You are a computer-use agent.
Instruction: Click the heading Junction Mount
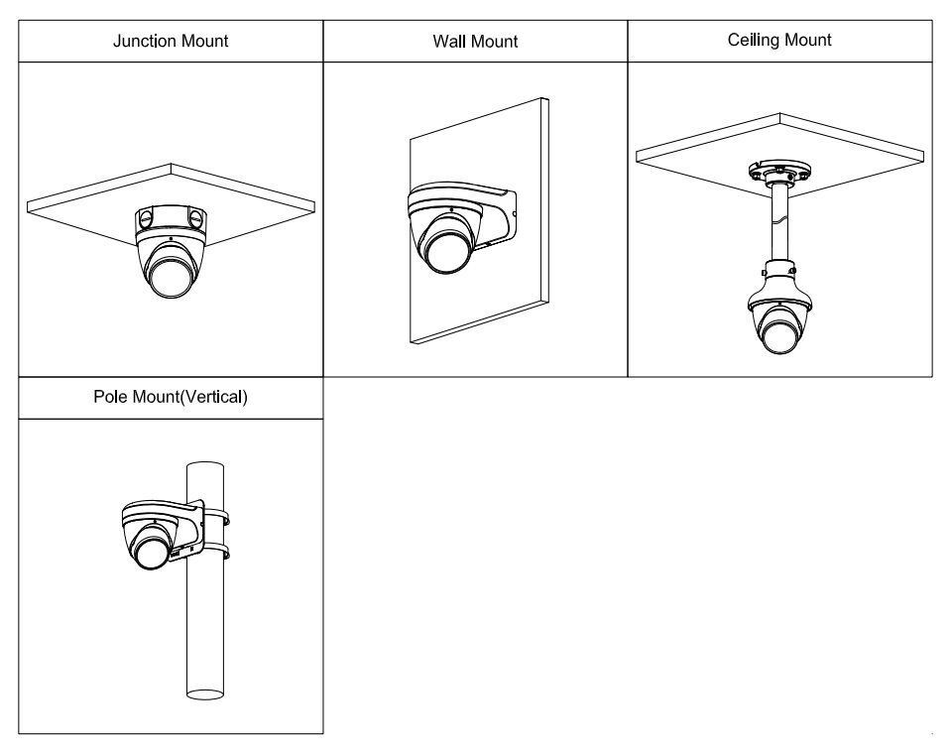(171, 41)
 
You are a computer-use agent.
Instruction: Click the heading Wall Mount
(475, 42)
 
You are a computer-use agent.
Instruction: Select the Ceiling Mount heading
(779, 40)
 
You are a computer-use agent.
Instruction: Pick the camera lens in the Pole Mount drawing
(152, 551)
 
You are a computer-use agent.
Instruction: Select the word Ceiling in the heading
(754, 40)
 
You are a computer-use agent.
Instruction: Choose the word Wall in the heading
(449, 42)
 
